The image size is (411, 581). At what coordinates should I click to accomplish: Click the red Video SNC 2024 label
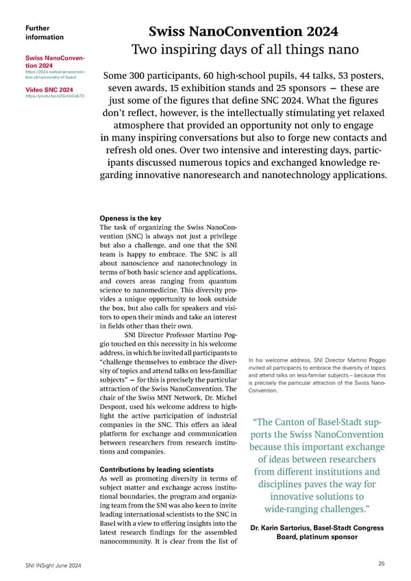tap(49, 90)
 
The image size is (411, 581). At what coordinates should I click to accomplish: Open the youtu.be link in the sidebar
tap(54, 97)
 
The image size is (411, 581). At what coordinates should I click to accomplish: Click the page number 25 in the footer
tap(381, 563)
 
